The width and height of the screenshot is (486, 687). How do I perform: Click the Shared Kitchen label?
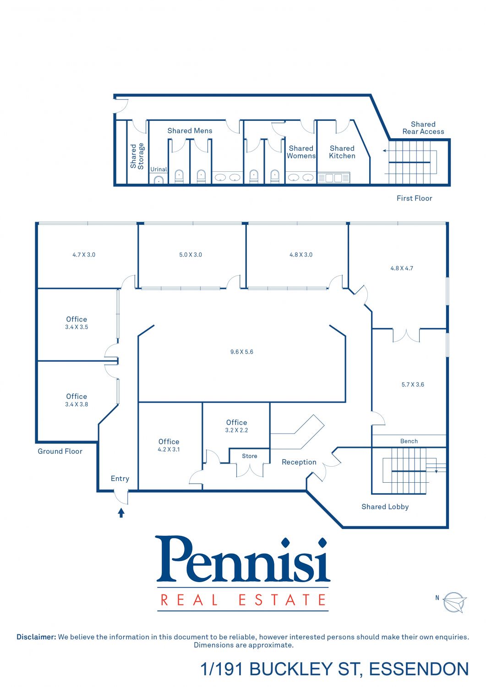[x=342, y=152]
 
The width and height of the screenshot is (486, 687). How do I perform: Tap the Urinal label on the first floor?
[x=158, y=169]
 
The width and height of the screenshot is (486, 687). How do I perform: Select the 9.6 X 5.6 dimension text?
[x=242, y=352]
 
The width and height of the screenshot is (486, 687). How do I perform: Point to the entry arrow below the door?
[x=121, y=513]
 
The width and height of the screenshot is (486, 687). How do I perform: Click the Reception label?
[x=299, y=462]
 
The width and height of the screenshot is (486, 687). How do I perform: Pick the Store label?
[x=250, y=456]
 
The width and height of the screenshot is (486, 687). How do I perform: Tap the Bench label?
[x=409, y=441]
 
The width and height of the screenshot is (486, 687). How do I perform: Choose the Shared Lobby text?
[x=385, y=507]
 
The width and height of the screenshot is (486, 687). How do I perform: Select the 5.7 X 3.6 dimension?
[x=413, y=385]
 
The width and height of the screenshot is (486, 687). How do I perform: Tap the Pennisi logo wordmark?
[x=243, y=559]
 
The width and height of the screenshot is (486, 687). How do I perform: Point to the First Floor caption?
[x=414, y=198]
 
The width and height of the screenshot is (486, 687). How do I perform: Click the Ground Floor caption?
[x=60, y=451]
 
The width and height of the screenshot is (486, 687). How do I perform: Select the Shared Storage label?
[x=137, y=156]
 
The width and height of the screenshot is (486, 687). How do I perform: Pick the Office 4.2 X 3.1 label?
[x=169, y=445]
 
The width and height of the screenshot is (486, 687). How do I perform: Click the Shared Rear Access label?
[x=423, y=128]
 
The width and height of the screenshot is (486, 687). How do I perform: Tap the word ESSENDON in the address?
[x=419, y=669]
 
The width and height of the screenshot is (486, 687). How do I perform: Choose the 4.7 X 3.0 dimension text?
[x=84, y=255]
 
